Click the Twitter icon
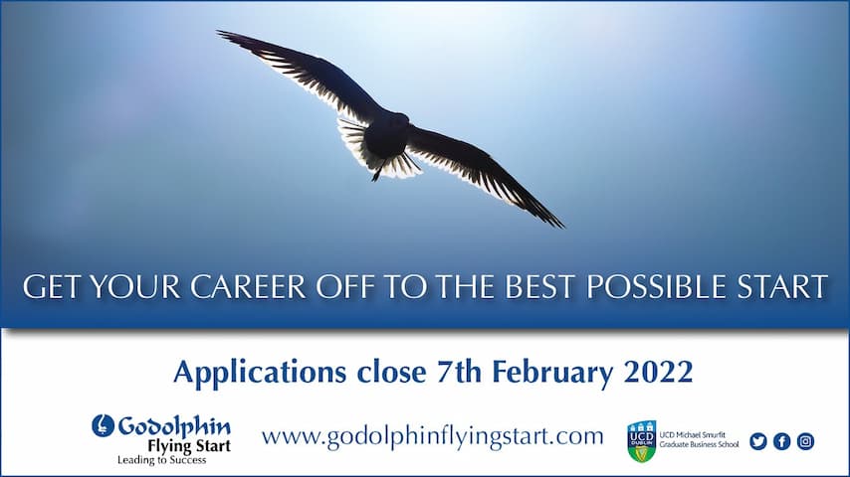pos(757,441)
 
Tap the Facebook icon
pos(781,441)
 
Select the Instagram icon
pos(805,441)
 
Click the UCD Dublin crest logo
pos(641,440)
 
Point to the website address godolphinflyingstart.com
pos(432,436)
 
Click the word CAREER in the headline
pos(248,287)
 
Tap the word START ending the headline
pos(782,287)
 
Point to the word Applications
pos(260,373)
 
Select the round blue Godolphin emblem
pos(103,425)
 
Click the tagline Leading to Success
pos(162,460)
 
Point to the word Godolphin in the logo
pos(174,427)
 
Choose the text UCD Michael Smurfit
pos(693,435)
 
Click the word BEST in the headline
pos(539,287)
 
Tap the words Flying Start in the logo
pos(189,446)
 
